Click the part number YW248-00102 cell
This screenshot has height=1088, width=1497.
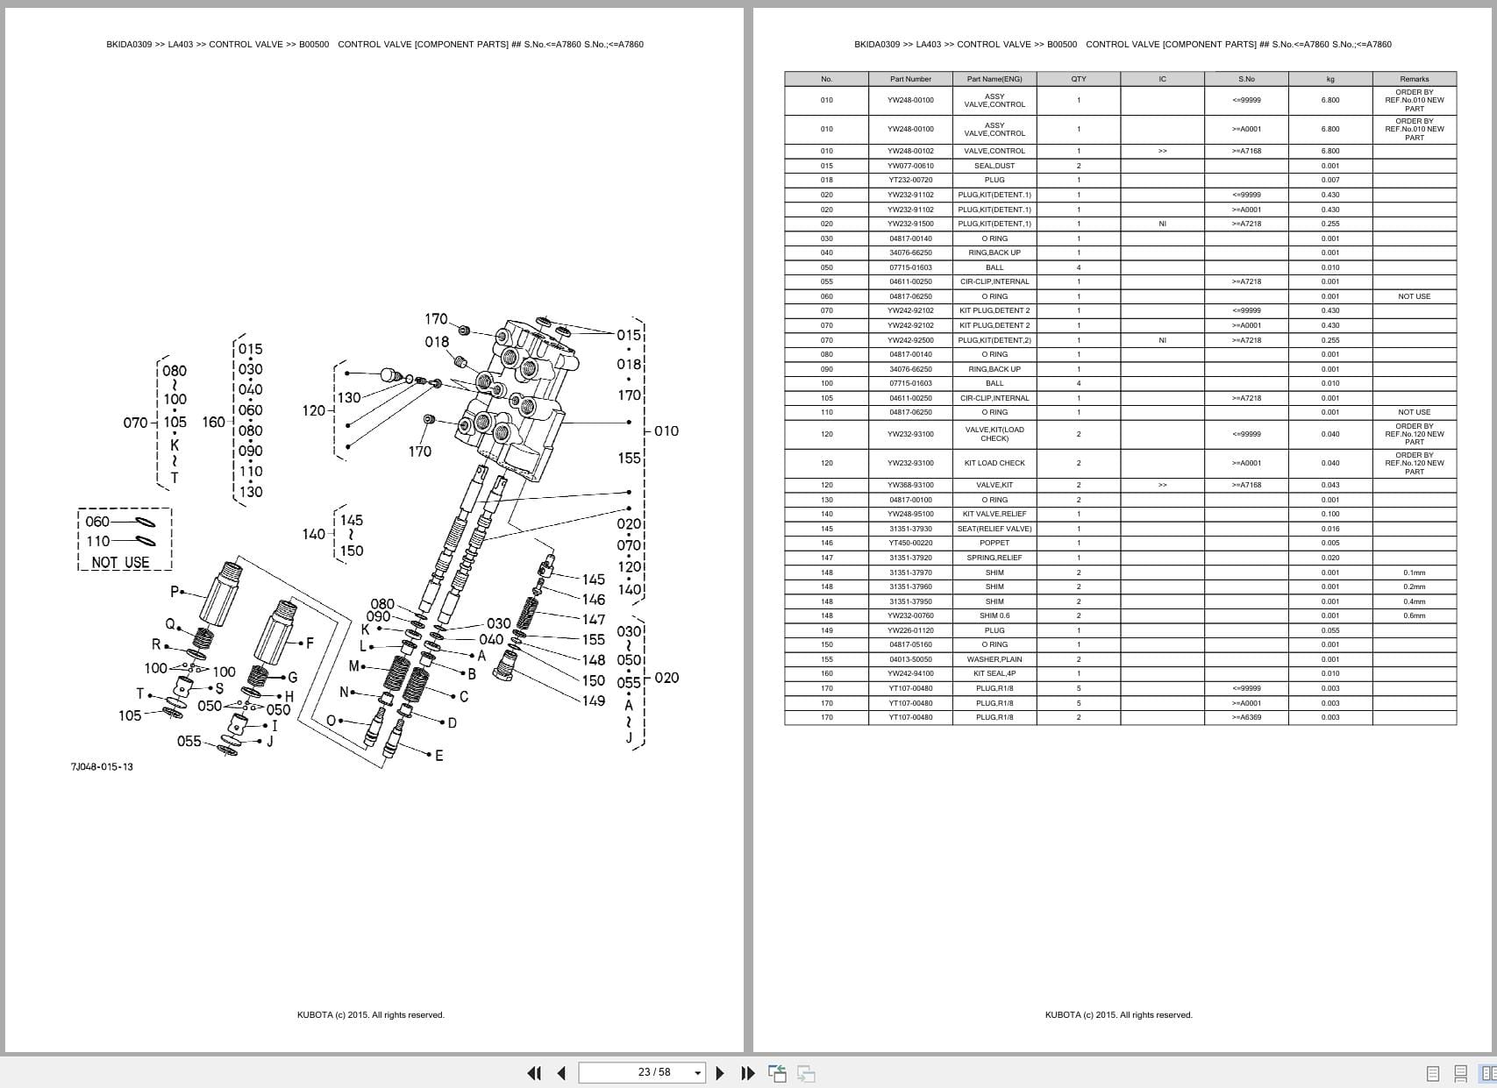coord(910,151)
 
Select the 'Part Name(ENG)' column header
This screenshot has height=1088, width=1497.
coord(994,79)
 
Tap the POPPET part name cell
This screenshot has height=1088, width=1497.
coord(994,543)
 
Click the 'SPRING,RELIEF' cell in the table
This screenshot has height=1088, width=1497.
coord(994,558)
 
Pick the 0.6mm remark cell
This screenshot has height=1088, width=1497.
coord(1414,615)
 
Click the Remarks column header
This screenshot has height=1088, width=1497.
coord(1414,79)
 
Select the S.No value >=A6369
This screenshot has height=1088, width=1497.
coord(1246,717)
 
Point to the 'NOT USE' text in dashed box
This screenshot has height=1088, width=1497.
coord(120,563)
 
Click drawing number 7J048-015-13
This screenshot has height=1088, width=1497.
coord(102,767)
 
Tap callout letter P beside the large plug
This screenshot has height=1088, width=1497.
coord(174,592)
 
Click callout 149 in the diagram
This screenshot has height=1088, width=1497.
coord(594,700)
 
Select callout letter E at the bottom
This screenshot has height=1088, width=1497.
coord(439,756)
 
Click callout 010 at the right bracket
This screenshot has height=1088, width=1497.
coord(667,430)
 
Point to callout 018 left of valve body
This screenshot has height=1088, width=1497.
coord(437,342)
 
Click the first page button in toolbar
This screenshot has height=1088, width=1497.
coord(533,1073)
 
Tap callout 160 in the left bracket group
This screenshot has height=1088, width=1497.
coord(213,422)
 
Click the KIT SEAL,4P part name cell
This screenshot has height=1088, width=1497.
coord(994,673)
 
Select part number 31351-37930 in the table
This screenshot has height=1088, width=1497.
coord(910,529)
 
